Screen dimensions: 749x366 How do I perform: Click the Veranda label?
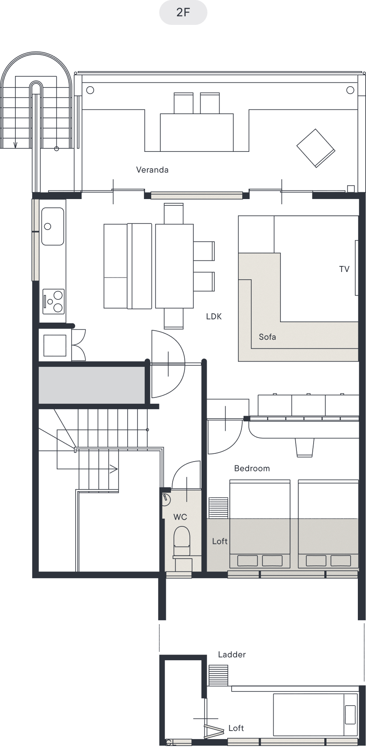[x=152, y=170]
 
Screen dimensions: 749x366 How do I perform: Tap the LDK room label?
[x=214, y=317]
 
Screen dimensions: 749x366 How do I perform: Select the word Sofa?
[x=267, y=337]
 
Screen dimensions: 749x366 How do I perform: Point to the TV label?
[x=344, y=269]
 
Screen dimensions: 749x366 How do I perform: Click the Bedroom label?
[x=252, y=468]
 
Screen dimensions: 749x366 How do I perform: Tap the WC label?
[x=180, y=517]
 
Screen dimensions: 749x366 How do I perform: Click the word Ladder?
[x=232, y=655]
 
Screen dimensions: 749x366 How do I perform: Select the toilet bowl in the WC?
[x=181, y=538]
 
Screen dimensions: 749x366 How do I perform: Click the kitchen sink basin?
[x=52, y=226]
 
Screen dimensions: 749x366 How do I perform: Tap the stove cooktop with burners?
[x=53, y=302]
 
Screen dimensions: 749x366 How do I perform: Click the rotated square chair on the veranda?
[x=316, y=148]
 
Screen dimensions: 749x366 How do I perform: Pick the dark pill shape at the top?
[x=183, y=12]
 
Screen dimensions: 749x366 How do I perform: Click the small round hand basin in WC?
[x=167, y=500]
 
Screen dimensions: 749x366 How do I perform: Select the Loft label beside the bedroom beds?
[x=220, y=541]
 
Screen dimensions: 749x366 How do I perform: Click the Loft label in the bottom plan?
[x=236, y=728]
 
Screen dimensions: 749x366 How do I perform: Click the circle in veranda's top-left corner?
[x=90, y=90]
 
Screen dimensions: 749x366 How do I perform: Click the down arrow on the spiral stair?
[x=15, y=145]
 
